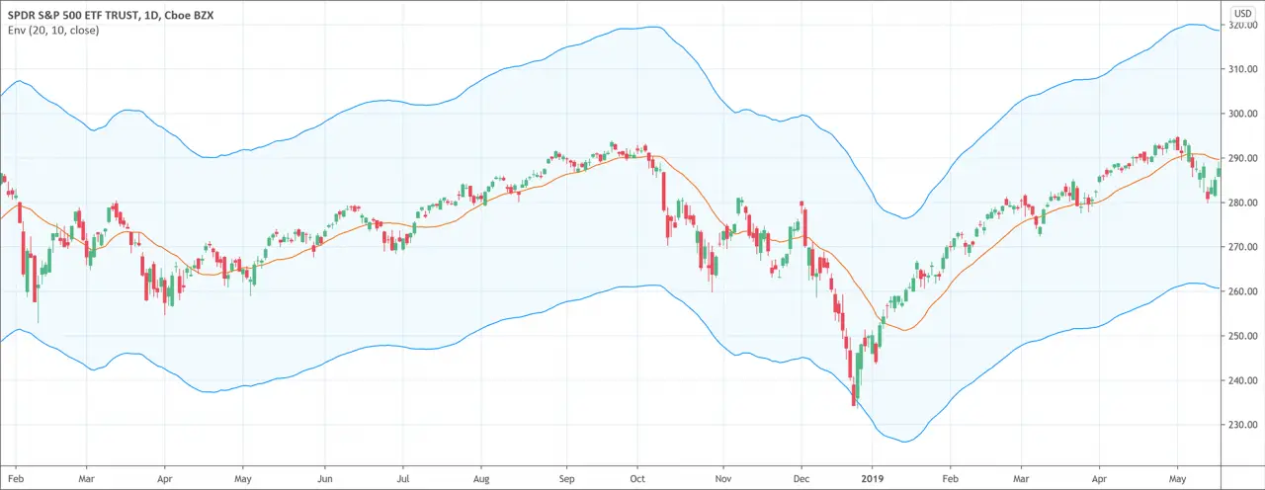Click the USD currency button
pyautogui.click(x=1241, y=12)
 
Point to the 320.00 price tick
pyautogui.click(x=1242, y=25)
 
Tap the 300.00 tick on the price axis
pyautogui.click(x=1242, y=114)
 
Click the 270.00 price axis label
pyautogui.click(x=1242, y=247)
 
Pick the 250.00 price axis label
pyautogui.click(x=1242, y=336)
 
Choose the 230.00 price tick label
pyautogui.click(x=1242, y=425)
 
